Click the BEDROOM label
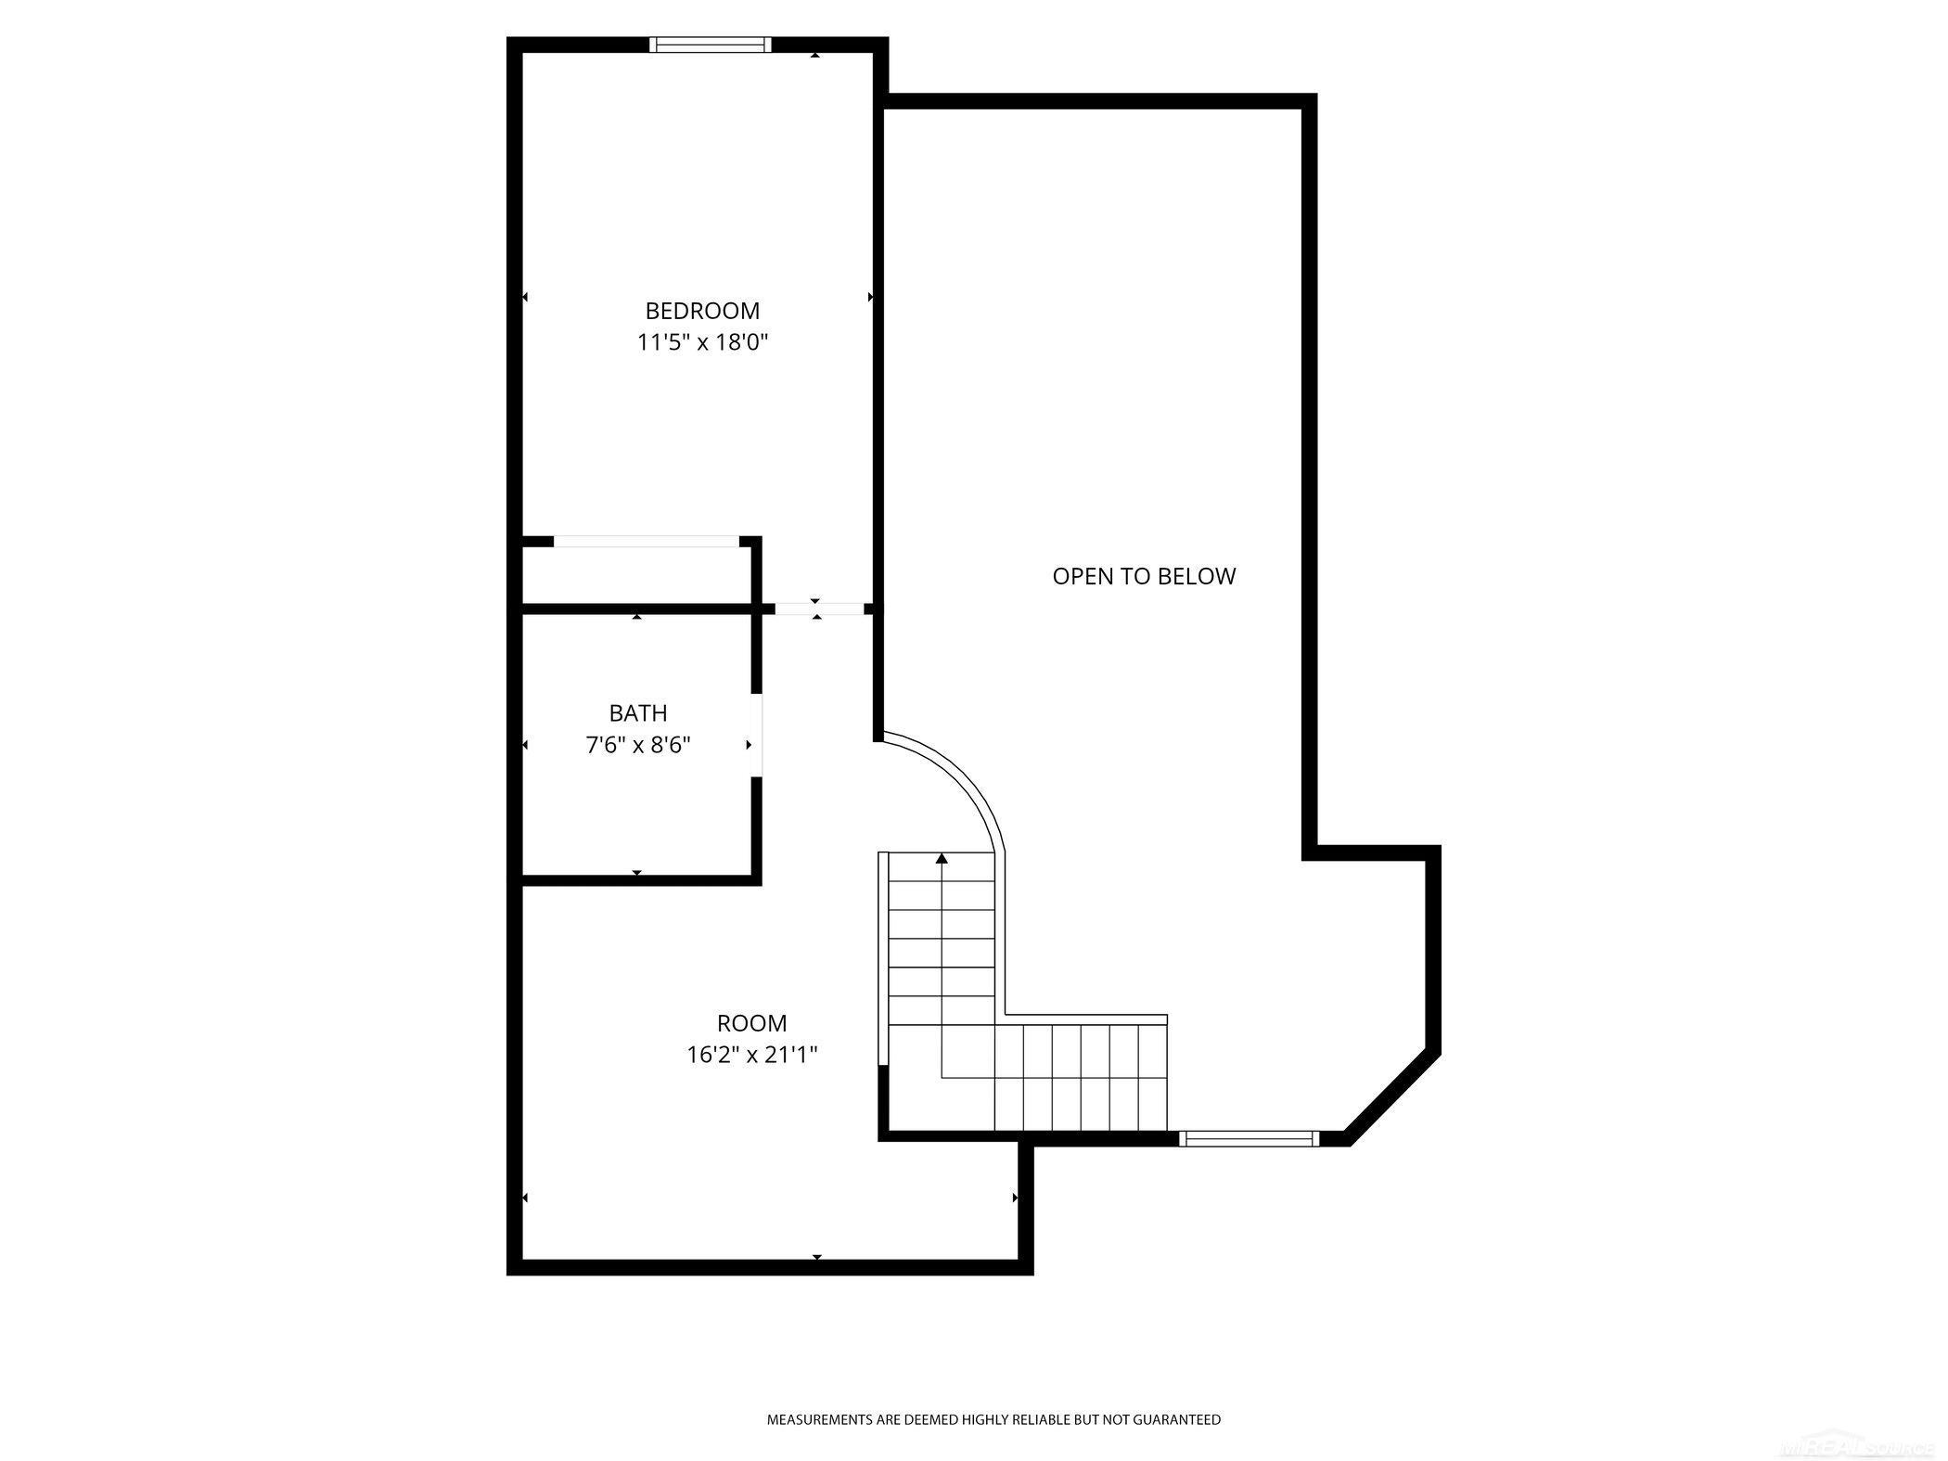pos(702,311)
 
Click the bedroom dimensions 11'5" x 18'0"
pos(702,342)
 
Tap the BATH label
pos(637,713)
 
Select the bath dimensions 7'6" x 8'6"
pos(637,745)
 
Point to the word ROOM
pos(751,1023)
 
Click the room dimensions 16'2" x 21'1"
pos(751,1055)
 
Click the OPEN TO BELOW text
pos(1144,576)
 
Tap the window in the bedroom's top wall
pos(710,44)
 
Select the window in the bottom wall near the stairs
pos(1249,1139)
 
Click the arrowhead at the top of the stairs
pos(942,859)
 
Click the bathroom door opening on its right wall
pos(756,735)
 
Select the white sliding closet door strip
pos(646,541)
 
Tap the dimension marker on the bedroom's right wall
pos(870,297)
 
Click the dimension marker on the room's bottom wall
pos(817,1257)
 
